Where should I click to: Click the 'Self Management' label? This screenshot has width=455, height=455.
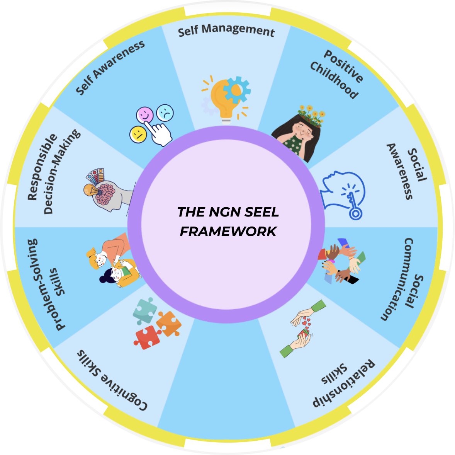(x=226, y=30)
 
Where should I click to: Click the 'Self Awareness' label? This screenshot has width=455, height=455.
(x=110, y=67)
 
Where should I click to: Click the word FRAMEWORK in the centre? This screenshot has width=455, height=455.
(x=228, y=232)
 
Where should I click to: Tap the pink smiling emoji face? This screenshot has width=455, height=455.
(x=145, y=115)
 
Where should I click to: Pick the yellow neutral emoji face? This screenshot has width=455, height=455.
(x=138, y=134)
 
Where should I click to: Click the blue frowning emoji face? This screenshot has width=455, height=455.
(x=165, y=112)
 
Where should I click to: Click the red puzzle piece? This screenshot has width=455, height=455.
(x=147, y=336)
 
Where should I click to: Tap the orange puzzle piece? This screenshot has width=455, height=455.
(x=169, y=323)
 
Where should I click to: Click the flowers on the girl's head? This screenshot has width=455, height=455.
(x=311, y=114)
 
